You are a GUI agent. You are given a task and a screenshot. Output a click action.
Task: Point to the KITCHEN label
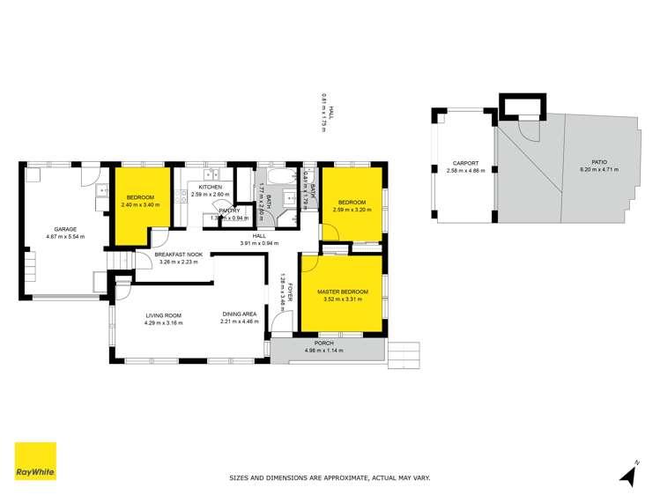point(210,187)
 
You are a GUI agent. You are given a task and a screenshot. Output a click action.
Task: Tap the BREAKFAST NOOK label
point(179,255)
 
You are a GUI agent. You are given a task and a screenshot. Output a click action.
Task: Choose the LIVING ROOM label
point(162,314)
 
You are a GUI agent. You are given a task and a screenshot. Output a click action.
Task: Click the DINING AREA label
point(240,314)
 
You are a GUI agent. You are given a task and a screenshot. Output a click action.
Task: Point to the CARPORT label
point(465,163)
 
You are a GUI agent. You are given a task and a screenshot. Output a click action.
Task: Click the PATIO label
point(599,162)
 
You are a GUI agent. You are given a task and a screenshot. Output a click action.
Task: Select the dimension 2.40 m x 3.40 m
point(140,204)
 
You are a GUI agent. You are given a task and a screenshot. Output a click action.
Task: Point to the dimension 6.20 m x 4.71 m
point(599,170)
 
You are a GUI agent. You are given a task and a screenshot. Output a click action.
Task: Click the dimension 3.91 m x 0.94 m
point(259,243)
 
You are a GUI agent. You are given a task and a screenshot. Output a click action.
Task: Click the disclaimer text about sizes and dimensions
point(330,477)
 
